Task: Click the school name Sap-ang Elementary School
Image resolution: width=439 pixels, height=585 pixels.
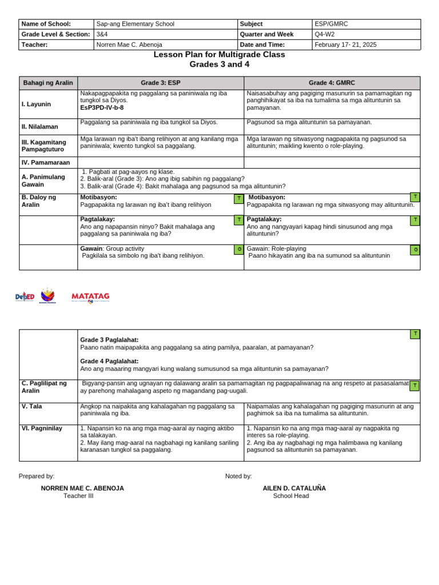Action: tap(135, 24)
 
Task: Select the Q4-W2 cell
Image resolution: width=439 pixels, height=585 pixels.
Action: tap(324, 34)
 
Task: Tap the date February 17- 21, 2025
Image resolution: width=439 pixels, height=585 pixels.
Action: tap(345, 45)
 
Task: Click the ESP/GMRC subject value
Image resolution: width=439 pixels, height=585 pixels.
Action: tap(331, 24)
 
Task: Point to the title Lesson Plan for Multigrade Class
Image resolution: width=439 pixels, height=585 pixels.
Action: tap(219, 55)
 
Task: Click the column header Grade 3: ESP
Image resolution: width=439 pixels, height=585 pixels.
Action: tap(160, 83)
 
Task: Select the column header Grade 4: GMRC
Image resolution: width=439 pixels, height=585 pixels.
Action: tap(332, 83)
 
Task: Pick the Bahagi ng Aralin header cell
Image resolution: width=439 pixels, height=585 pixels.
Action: tap(48, 83)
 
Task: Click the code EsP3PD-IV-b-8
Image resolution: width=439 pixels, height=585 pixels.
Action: tap(102, 107)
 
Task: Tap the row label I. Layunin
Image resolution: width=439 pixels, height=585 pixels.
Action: tap(37, 105)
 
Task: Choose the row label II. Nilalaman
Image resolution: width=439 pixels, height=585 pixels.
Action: tap(40, 127)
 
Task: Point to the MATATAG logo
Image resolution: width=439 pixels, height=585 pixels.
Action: tap(90, 296)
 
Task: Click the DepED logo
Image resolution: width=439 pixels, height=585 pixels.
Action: tap(25, 296)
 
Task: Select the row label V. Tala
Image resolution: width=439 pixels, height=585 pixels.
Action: tap(31, 406)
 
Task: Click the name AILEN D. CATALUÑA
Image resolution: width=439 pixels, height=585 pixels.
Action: tap(294, 488)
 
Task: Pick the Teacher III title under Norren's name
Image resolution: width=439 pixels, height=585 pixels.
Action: tap(78, 496)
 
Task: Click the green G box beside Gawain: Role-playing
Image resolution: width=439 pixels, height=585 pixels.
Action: tap(416, 250)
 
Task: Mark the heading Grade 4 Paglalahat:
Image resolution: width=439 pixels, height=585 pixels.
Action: tap(109, 361)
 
